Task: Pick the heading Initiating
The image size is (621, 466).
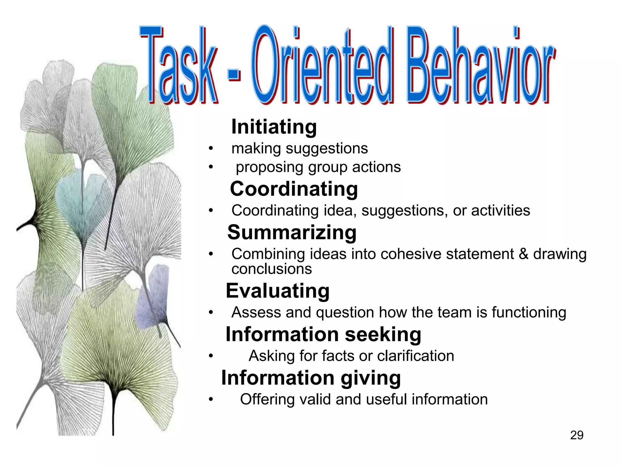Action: [274, 127]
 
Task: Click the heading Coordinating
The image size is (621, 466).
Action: [294, 189]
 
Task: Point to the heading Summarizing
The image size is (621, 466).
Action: [292, 233]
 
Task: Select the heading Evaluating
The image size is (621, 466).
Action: [277, 291]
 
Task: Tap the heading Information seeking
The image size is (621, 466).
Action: [323, 335]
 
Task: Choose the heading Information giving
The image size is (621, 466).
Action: [311, 378]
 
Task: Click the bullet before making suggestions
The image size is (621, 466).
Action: [211, 149]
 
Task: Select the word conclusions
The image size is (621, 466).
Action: [271, 269]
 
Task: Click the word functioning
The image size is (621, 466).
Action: [529, 312]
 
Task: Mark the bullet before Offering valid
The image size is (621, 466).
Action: [211, 400]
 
